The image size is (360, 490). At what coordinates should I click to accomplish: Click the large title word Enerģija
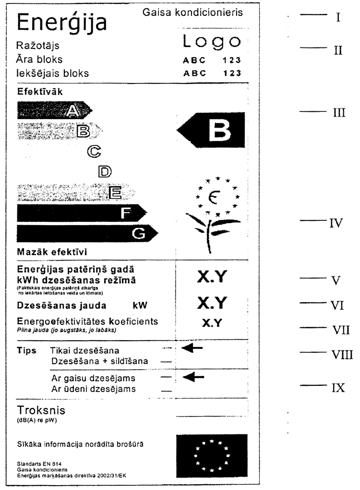pyautogui.click(x=61, y=23)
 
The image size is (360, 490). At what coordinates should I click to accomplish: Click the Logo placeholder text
pyautogui.click(x=211, y=43)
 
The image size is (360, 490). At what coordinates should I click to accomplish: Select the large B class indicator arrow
pyautogui.click(x=211, y=129)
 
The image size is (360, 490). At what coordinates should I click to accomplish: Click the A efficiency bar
pyautogui.click(x=53, y=111)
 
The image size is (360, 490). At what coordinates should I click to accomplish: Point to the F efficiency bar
pyautogui.click(x=82, y=214)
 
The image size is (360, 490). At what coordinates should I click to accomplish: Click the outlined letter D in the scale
pyautogui.click(x=104, y=171)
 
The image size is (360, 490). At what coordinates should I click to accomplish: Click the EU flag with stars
pyautogui.click(x=212, y=453)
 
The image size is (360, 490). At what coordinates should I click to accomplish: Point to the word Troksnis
pyautogui.click(x=41, y=410)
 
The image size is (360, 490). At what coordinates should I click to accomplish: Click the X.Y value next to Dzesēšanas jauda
pyautogui.click(x=211, y=303)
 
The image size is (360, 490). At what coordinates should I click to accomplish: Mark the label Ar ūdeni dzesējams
pyautogui.click(x=94, y=389)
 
